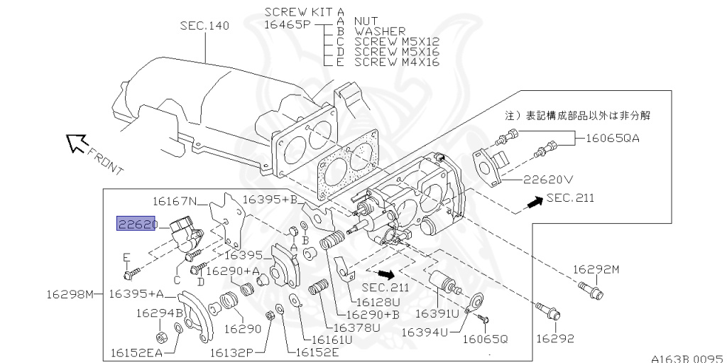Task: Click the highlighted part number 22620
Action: coord(137,224)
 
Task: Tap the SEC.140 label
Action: coord(204,26)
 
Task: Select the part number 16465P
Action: coord(287,25)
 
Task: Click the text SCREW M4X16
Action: coord(397,62)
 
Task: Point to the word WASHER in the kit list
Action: coord(381,31)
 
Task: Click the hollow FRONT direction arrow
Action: coord(77,143)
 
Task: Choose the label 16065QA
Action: coord(613,138)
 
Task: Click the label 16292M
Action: coord(596,269)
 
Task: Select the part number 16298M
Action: coord(70,294)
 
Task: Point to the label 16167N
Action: coord(175,201)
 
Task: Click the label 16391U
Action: coord(437,314)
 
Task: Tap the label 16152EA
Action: coord(137,353)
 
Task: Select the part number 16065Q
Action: coord(485,340)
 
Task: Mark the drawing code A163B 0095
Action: coord(687,359)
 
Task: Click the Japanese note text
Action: coord(577,116)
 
